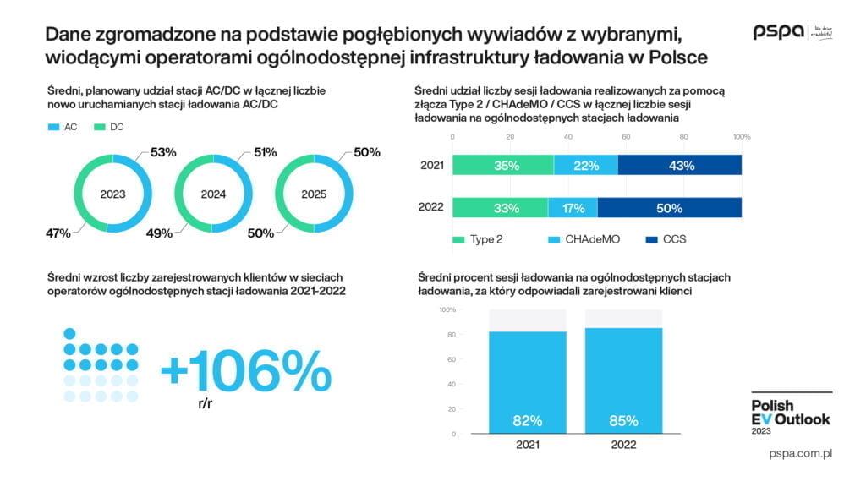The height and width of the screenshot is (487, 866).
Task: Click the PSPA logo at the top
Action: pos(779,32)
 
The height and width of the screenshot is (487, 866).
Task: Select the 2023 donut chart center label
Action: pos(112,194)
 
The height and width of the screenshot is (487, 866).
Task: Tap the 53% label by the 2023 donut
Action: pos(163,153)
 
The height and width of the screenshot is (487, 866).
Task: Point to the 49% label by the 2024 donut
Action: pos(159,233)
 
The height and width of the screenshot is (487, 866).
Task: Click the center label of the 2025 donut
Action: pos(314,194)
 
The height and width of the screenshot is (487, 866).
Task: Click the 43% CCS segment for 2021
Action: pos(682,166)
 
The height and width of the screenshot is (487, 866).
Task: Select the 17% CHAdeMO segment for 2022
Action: pos(573,207)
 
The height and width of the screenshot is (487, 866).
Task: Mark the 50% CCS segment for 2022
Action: pos(669,207)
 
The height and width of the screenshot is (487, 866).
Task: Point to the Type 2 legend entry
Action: pos(478,239)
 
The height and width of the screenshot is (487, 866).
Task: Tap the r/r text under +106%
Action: pos(206,403)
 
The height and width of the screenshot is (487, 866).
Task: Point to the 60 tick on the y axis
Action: pos(452,359)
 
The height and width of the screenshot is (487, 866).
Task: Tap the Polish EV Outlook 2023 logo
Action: pos(791,413)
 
